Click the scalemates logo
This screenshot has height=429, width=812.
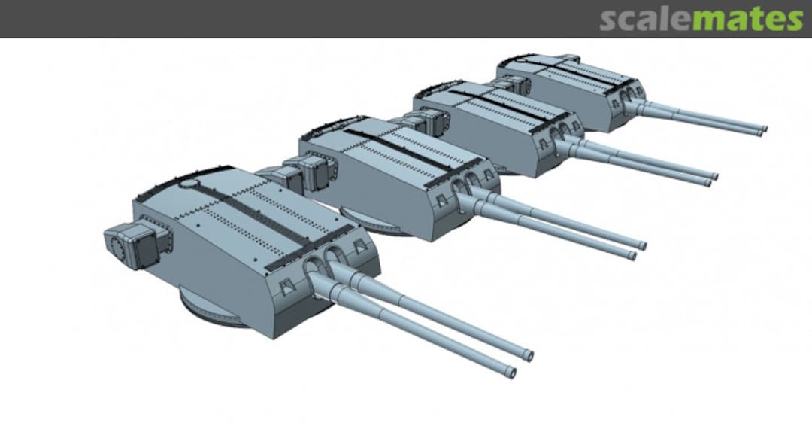701,19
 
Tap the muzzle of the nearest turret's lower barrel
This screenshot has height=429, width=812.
511,372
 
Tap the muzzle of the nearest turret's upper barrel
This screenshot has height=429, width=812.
529,355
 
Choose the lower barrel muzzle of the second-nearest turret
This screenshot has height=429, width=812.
632,256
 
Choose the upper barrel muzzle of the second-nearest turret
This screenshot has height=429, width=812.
642,245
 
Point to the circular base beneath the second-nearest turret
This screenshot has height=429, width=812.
383,226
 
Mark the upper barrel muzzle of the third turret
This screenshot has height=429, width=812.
713,177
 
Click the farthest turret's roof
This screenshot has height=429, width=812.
579,79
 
